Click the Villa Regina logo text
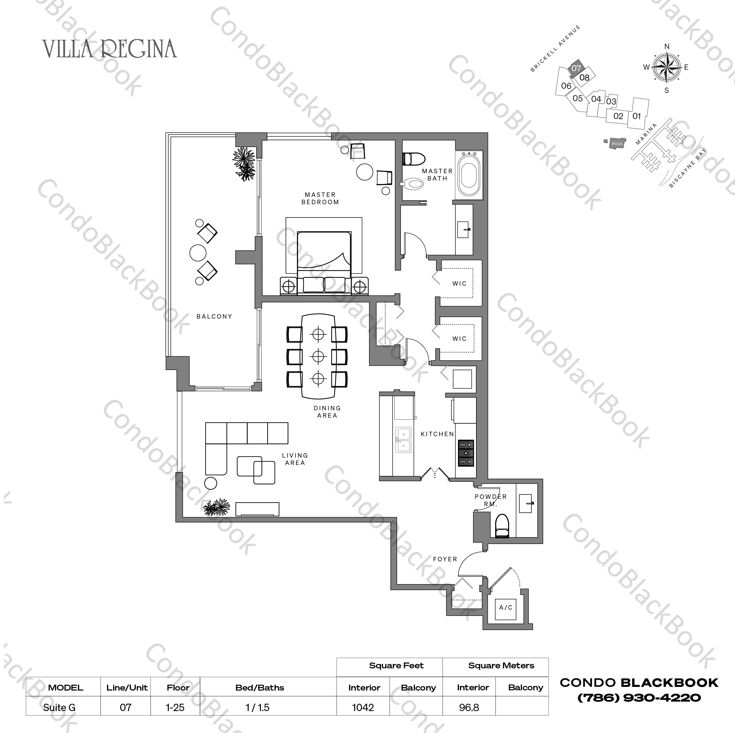pyautogui.click(x=110, y=49)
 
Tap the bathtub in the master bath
pyautogui.click(x=469, y=175)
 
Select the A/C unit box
pyautogui.click(x=506, y=607)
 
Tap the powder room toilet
pyautogui.click(x=502, y=526)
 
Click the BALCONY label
pyautogui.click(x=214, y=316)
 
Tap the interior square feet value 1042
pyautogui.click(x=363, y=708)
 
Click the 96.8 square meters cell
pyautogui.click(x=469, y=708)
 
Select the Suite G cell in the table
pyautogui.click(x=59, y=708)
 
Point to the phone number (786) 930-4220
pyautogui.click(x=639, y=698)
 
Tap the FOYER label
pyautogui.click(x=445, y=559)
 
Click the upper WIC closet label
pyautogui.click(x=459, y=283)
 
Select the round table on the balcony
pyautogui.click(x=198, y=252)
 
